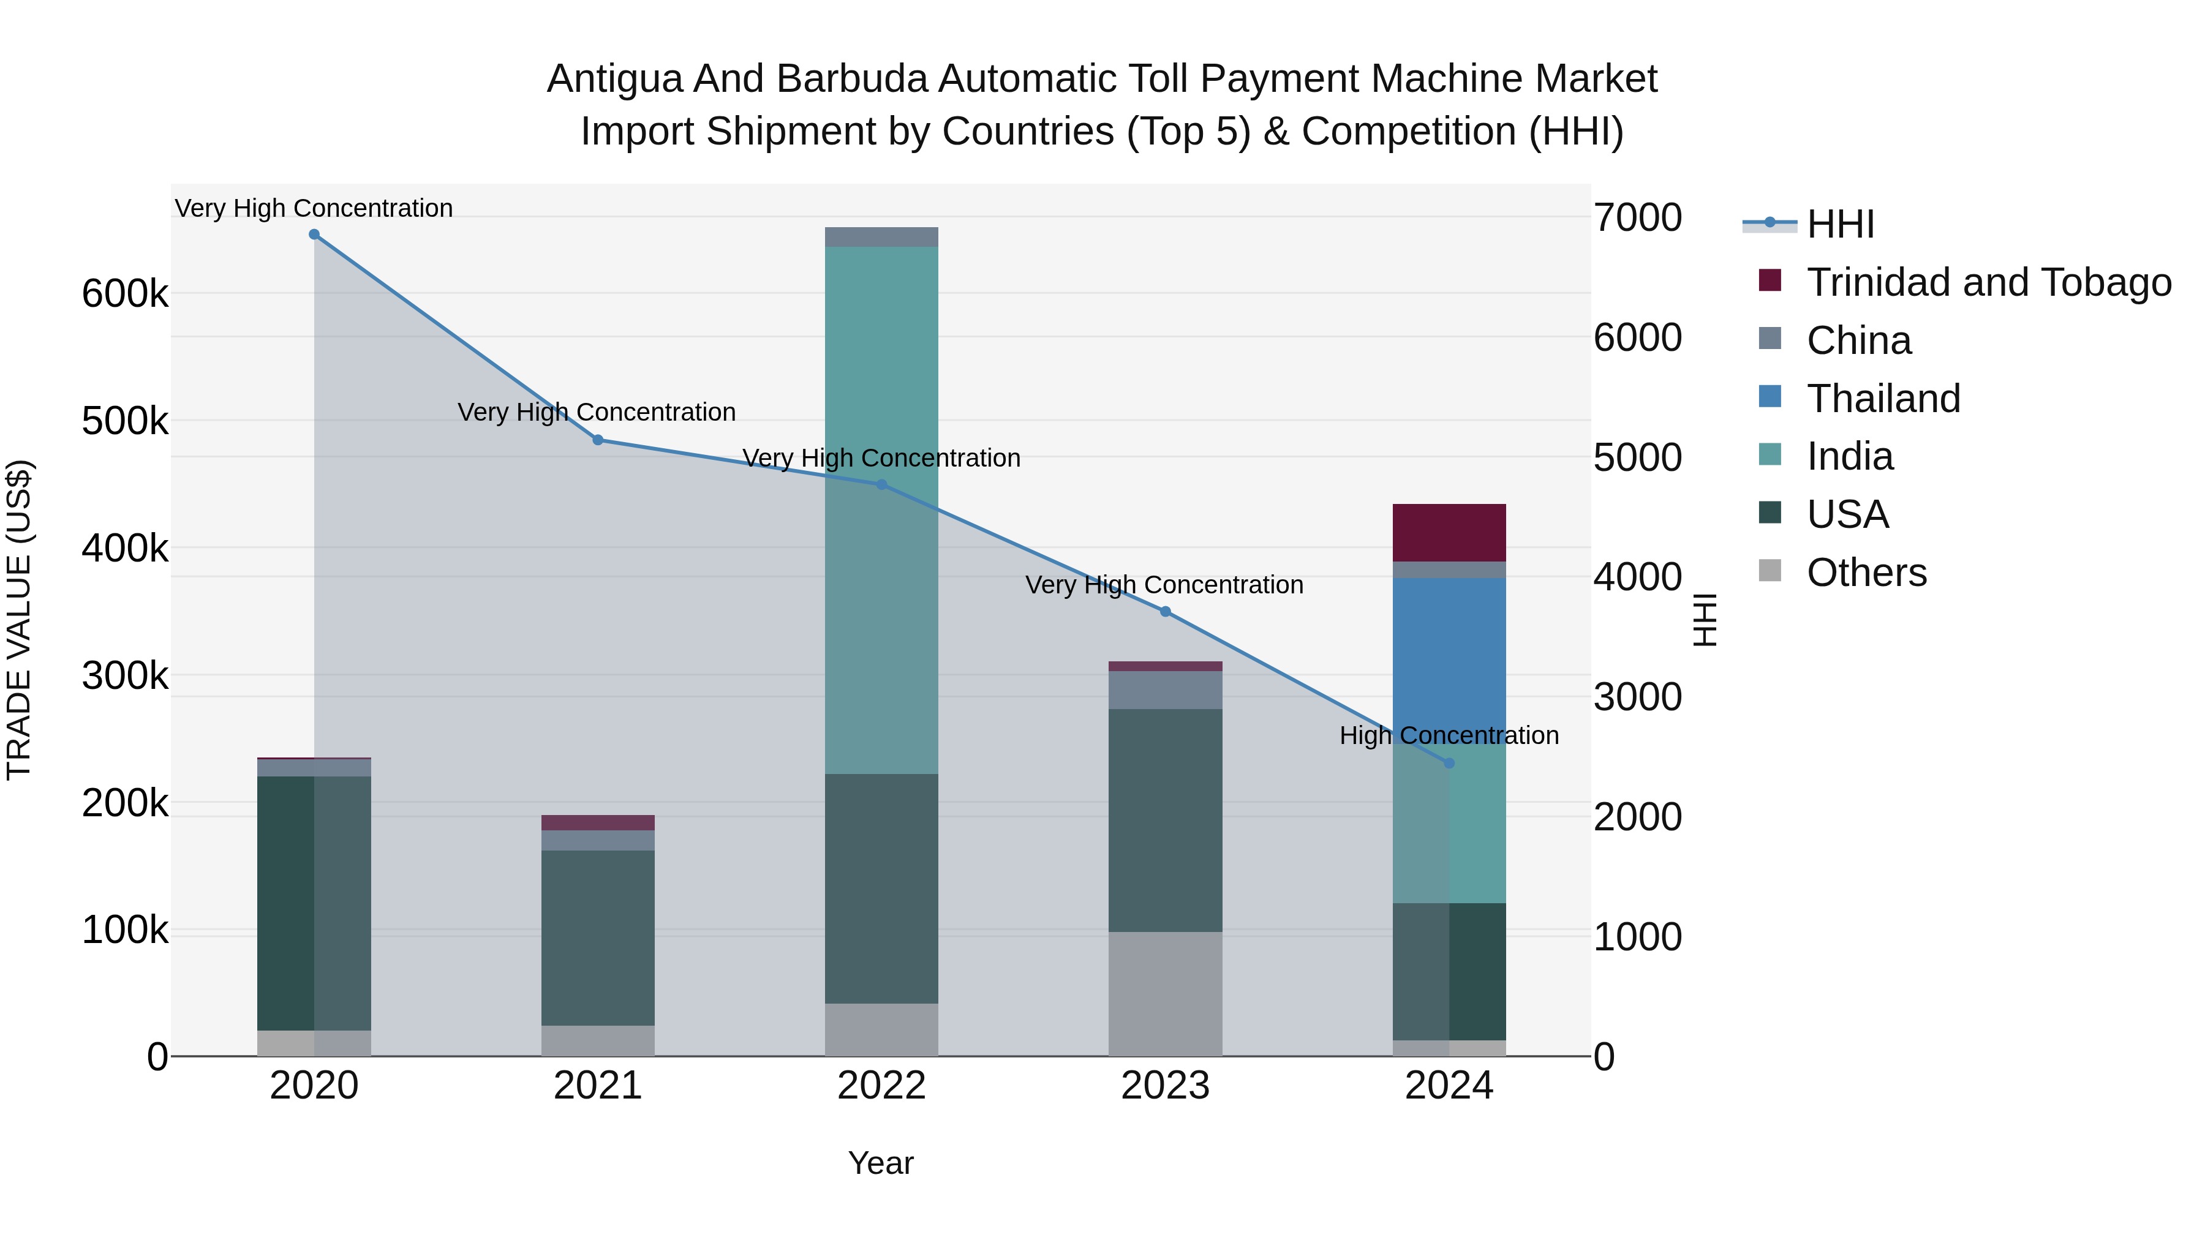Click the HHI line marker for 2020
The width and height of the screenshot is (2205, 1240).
click(x=314, y=235)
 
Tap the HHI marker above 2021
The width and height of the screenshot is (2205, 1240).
click(x=598, y=440)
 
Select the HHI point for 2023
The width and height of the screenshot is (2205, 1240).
click(x=1165, y=612)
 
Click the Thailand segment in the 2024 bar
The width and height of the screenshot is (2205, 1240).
click(x=1449, y=650)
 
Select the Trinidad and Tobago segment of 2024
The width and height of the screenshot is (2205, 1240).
click(x=1449, y=532)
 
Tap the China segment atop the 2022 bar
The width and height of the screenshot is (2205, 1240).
click(x=881, y=237)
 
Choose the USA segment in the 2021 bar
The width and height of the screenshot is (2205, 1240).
click(x=598, y=937)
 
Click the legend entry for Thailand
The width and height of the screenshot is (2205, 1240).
click(x=1883, y=399)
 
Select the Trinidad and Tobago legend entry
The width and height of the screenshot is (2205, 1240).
click(x=1988, y=282)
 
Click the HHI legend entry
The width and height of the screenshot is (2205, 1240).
click(x=1841, y=224)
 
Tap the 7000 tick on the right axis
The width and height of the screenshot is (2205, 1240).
click(x=1637, y=217)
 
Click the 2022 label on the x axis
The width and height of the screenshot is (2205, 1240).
click(x=881, y=1086)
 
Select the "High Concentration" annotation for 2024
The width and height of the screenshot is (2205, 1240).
click(x=1449, y=735)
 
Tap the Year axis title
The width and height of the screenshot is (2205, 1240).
click(x=881, y=1163)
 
